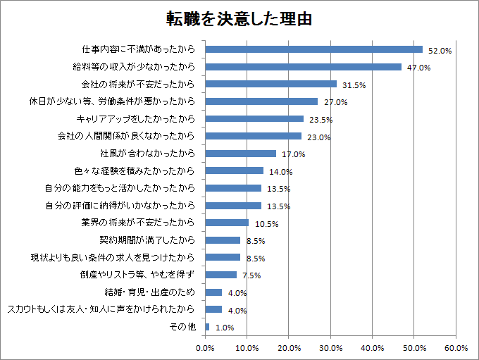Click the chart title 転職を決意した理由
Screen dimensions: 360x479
(x=240, y=18)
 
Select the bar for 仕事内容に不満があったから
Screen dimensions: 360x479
(x=313, y=49)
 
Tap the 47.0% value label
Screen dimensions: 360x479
(x=418, y=68)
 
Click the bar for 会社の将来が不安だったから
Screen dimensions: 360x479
(x=270, y=84)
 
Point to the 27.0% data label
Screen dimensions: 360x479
(x=335, y=102)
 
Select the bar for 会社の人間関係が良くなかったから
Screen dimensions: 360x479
(x=253, y=136)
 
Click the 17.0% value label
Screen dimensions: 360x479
(x=293, y=154)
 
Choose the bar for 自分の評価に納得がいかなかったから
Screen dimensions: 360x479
(x=233, y=206)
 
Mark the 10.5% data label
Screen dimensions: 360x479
(x=266, y=224)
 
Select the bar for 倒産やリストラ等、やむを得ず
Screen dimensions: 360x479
(x=220, y=275)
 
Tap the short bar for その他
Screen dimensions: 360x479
(x=207, y=327)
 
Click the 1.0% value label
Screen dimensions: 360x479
(x=224, y=328)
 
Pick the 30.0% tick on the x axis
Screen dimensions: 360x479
(x=330, y=347)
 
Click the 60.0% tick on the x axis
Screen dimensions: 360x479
(x=456, y=347)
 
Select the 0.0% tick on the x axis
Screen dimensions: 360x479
(x=205, y=347)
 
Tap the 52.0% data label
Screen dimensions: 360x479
(x=440, y=51)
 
